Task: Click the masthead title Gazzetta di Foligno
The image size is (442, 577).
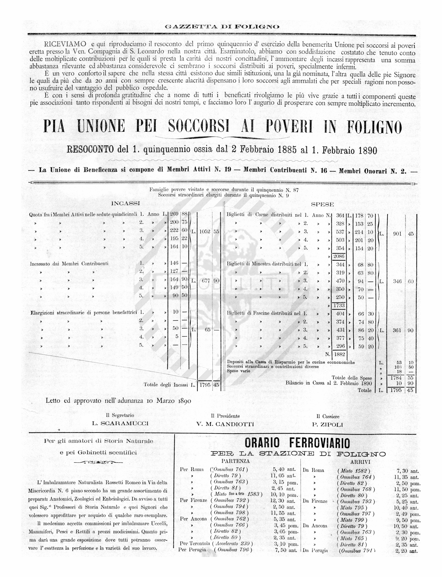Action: [x=222, y=27]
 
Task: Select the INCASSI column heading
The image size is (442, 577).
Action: [x=125, y=203]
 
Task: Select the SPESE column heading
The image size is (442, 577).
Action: [x=322, y=204]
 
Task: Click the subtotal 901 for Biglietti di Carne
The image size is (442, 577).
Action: [x=397, y=234]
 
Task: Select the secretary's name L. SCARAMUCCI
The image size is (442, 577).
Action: [x=120, y=423]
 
